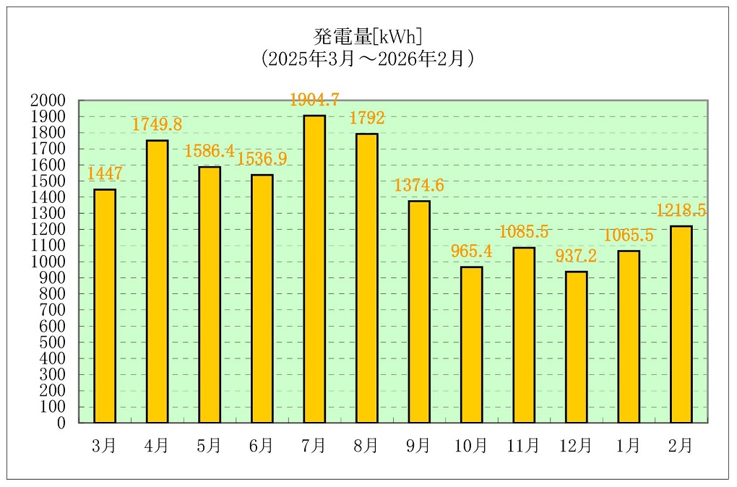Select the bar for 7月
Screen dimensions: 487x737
click(314, 269)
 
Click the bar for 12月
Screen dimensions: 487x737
click(576, 347)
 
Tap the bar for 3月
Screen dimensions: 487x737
click(105, 306)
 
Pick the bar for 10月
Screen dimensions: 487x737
click(471, 344)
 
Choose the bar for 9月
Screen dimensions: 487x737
click(419, 311)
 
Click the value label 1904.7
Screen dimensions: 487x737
click(314, 100)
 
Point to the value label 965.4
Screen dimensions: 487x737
click(471, 251)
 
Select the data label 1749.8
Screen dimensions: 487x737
click(157, 124)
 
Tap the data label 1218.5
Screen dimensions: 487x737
click(681, 210)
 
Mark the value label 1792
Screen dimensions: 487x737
click(367, 118)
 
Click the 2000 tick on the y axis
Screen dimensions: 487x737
click(48, 100)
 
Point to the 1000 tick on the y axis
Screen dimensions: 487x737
click(48, 262)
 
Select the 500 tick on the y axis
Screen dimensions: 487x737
click(52, 342)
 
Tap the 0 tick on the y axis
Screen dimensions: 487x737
click(61, 423)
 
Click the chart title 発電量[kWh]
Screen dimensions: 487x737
click(368, 35)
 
